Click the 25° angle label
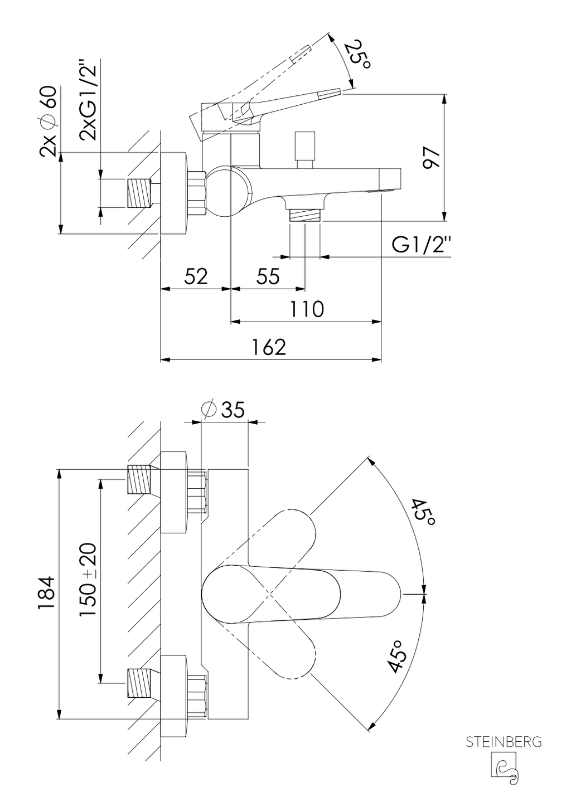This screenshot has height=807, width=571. (x=356, y=55)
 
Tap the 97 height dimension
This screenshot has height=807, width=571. (x=432, y=157)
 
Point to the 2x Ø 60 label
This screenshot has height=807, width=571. (x=47, y=121)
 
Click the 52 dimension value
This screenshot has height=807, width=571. (x=196, y=276)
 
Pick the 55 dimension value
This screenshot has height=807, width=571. (x=268, y=276)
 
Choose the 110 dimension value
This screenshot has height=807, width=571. (x=307, y=309)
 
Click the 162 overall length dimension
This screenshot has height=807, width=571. (x=269, y=347)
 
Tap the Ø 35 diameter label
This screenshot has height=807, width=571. (x=224, y=409)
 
